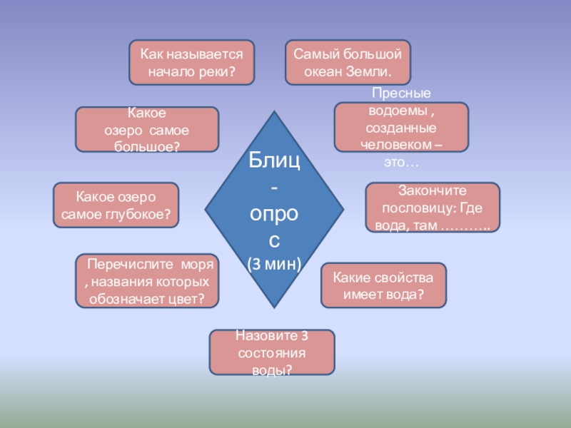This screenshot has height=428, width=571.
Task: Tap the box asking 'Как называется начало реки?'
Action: click(x=191, y=63)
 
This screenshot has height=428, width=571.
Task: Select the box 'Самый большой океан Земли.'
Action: click(x=348, y=63)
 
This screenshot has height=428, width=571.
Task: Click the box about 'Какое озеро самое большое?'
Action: click(x=147, y=129)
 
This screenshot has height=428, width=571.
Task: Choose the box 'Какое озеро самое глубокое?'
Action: click(x=116, y=205)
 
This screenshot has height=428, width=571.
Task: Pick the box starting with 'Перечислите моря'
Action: click(x=147, y=282)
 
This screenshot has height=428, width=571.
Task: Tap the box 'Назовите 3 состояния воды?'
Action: click(x=271, y=352)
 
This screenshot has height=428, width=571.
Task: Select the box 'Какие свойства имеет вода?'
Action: click(x=383, y=285)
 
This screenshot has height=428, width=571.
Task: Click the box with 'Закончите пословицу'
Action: click(x=432, y=208)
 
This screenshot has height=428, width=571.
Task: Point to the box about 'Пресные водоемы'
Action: click(x=401, y=127)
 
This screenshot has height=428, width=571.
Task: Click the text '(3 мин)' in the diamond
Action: click(x=275, y=264)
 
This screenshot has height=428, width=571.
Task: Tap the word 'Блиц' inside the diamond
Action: click(x=274, y=160)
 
